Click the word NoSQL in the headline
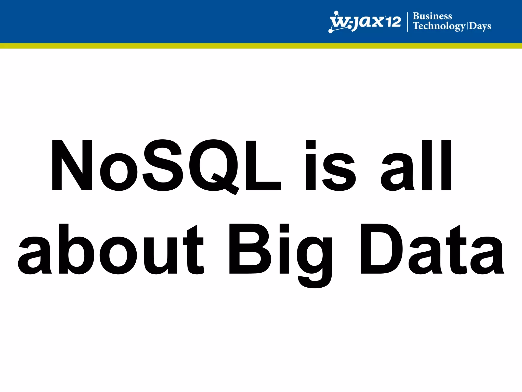pyautogui.click(x=166, y=165)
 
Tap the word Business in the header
pyautogui.click(x=432, y=16)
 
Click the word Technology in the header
pyautogui.click(x=439, y=26)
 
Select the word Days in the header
pyautogui.click(x=480, y=26)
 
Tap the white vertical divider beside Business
pyautogui.click(x=408, y=22)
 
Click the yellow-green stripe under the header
pyautogui.click(x=261, y=46)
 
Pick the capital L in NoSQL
pyautogui.click(x=263, y=165)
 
